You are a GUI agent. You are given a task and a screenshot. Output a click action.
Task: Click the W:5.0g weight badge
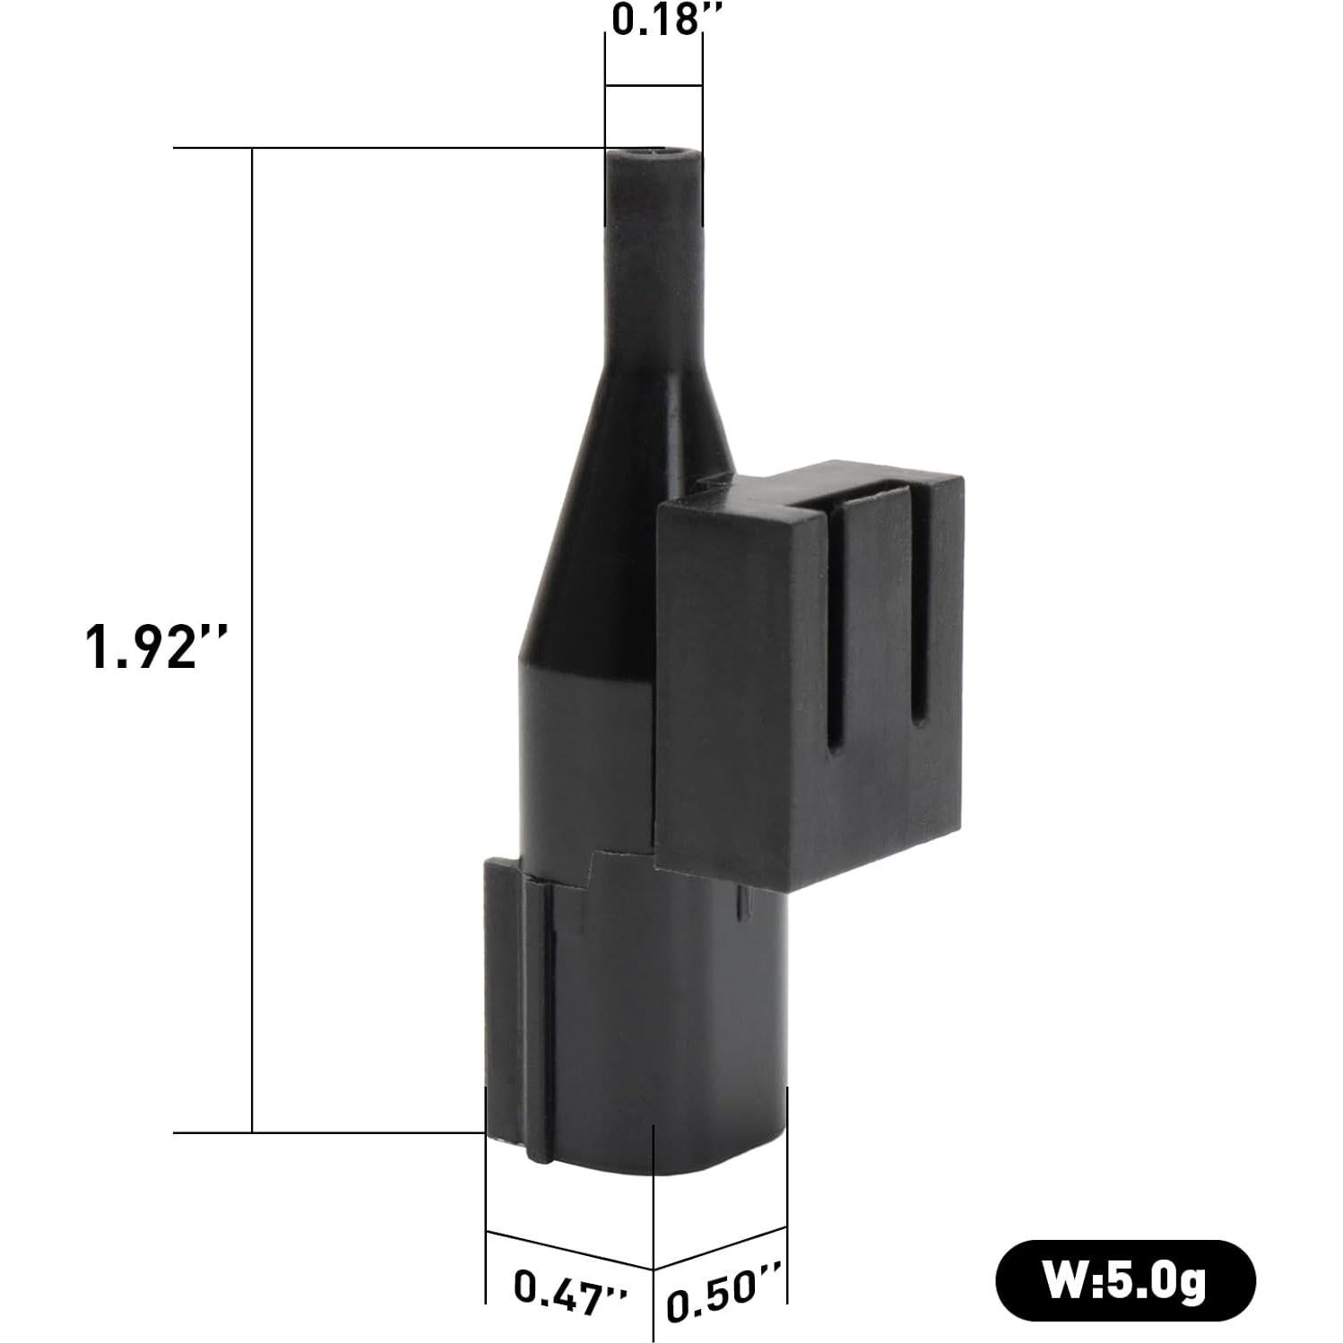[x=1125, y=1280]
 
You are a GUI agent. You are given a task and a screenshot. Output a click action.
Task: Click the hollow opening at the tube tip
[x=653, y=155]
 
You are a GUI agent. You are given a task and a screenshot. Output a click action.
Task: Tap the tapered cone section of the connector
[x=628, y=502]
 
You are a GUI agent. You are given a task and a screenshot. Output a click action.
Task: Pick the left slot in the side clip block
[x=835, y=628]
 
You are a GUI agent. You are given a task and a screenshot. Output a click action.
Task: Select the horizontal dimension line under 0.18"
[x=654, y=86]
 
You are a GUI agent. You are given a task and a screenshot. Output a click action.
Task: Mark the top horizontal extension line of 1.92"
[x=386, y=148]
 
